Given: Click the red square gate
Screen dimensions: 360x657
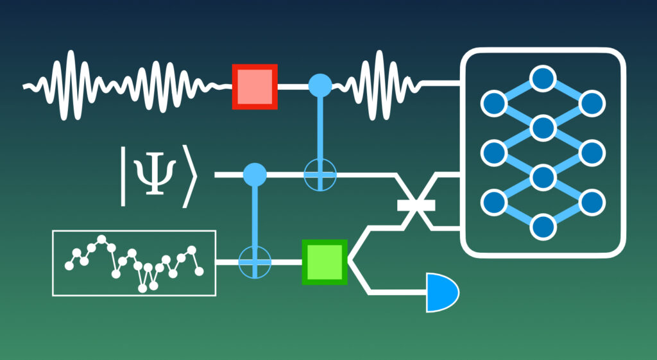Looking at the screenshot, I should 255,85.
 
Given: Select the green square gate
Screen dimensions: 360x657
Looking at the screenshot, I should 325,262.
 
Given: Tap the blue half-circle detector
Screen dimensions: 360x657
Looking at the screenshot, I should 441,293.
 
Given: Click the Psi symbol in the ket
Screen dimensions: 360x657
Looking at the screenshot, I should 153,175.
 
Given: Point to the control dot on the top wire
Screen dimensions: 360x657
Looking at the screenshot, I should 320,85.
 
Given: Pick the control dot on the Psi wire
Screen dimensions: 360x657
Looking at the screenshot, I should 255,174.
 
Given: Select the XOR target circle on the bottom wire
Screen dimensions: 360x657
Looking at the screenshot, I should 255,262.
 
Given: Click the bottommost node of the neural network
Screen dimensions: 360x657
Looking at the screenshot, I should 543,226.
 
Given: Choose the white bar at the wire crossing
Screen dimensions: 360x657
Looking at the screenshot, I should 416,205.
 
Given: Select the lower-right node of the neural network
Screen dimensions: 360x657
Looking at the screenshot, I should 592,201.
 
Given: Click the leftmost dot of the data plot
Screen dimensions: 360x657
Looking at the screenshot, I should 69,266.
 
